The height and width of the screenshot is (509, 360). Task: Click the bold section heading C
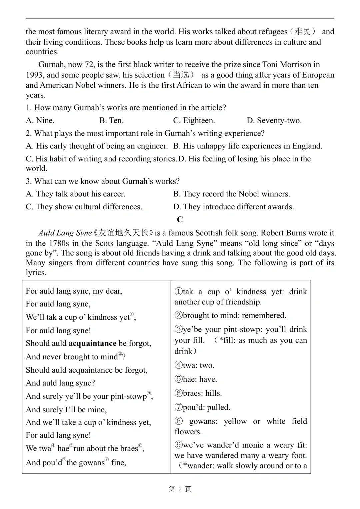180,219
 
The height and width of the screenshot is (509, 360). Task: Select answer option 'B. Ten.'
111,120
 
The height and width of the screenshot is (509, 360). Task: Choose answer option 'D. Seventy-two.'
274,120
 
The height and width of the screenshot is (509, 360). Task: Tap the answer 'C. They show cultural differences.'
84,207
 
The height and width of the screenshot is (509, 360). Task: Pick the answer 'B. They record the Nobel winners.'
231,194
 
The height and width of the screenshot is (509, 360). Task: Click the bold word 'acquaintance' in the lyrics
92,343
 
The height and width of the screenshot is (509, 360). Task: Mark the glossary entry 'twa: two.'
194,365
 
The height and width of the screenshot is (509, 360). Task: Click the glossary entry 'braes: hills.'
198,393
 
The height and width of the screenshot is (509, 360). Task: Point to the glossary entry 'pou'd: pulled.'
202,407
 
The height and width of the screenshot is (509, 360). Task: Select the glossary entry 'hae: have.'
196,379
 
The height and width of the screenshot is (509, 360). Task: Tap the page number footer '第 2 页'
180,489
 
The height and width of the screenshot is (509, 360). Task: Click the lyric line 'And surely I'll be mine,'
66,410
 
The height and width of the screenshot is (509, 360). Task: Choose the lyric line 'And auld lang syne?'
60,383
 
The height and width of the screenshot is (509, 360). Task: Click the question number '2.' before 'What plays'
29,133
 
